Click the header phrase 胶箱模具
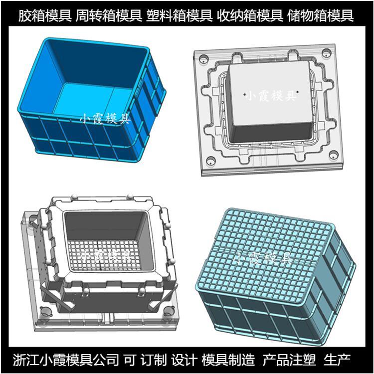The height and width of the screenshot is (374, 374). [45, 15]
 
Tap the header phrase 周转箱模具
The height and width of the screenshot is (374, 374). [109, 15]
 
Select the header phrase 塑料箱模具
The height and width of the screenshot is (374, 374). [180, 15]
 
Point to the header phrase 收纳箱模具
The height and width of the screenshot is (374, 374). [250, 15]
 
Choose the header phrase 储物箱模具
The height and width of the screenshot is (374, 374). [321, 15]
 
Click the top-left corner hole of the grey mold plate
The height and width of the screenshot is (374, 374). [203, 58]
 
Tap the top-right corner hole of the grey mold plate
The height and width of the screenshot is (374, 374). [326, 52]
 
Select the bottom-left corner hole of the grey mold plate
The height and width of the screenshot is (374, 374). [210, 161]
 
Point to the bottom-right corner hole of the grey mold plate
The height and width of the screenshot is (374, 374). [334, 155]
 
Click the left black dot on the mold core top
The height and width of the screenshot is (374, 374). [245, 95]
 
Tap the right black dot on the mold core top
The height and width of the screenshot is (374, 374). [298, 92]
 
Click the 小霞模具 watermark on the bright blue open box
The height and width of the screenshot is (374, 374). [105, 119]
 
